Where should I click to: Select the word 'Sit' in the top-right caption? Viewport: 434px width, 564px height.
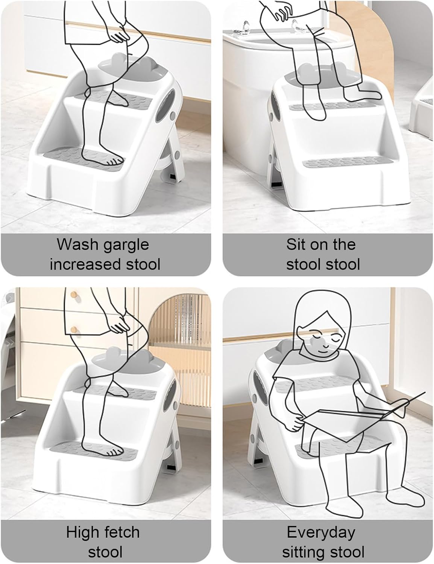coord(295,244)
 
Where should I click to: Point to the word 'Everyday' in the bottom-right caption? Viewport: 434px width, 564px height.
coord(321,532)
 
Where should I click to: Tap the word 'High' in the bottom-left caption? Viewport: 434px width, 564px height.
coord(82,532)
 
